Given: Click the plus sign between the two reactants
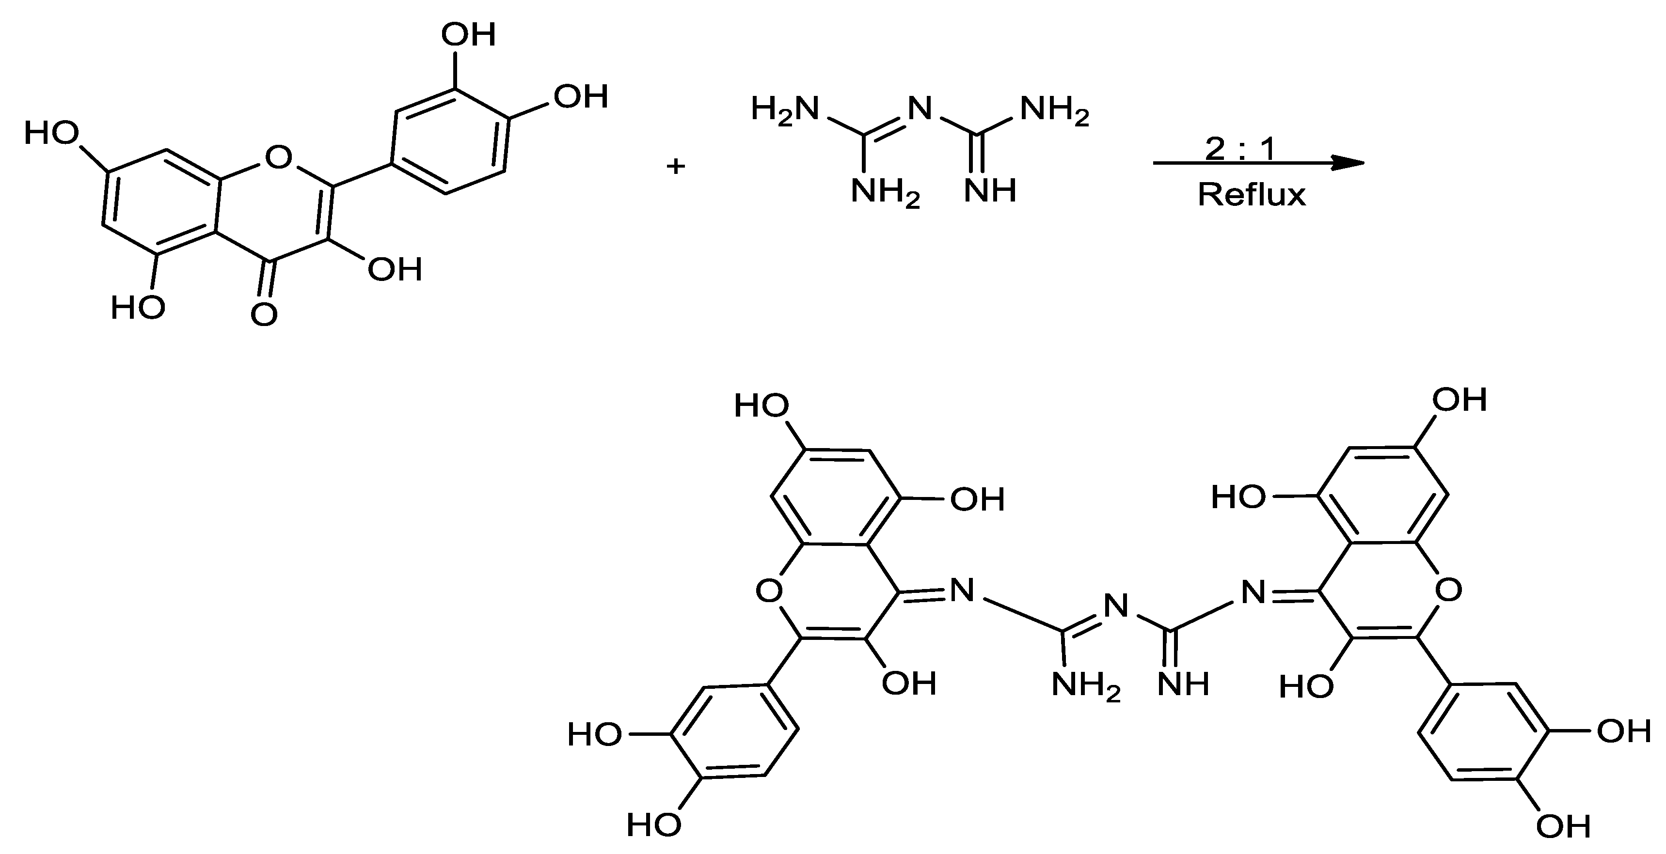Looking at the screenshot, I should pyautogui.click(x=676, y=167).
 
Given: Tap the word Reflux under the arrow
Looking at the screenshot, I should pyautogui.click(x=1252, y=194).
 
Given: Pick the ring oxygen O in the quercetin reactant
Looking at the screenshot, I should pyautogui.click(x=279, y=157).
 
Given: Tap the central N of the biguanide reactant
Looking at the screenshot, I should pyautogui.click(x=920, y=109).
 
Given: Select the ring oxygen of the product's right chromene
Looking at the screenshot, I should pyautogui.click(x=1447, y=590).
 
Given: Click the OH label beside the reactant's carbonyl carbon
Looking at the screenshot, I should pyautogui.click(x=395, y=269).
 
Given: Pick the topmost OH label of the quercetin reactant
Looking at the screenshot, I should pyautogui.click(x=468, y=34).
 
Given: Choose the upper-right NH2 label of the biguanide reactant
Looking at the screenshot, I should pyautogui.click(x=1054, y=110).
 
